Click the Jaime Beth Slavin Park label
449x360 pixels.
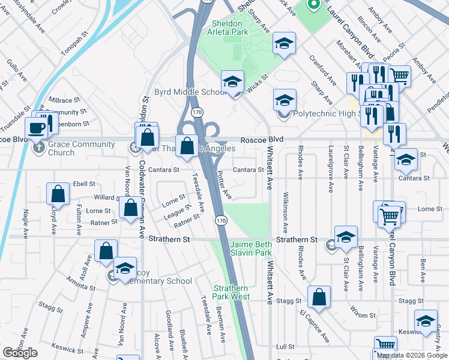(x=251, y=249)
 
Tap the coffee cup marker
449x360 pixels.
(x=36, y=127)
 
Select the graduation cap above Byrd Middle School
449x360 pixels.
(x=232, y=82)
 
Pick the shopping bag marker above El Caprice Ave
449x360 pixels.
(x=319, y=296)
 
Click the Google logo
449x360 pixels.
(x=20, y=353)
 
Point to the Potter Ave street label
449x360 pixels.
(x=224, y=184)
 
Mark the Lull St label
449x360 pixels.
(x=285, y=347)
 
